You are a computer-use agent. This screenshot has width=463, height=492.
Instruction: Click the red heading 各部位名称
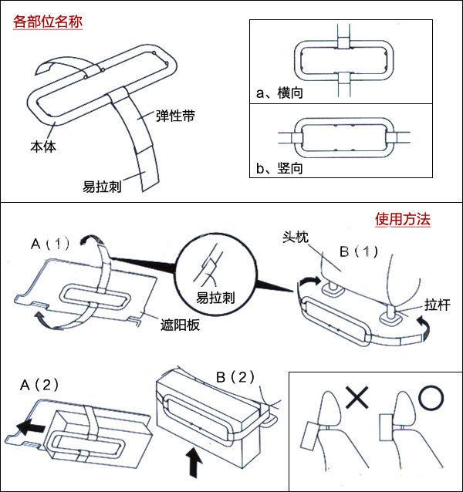pyautogui.click(x=48, y=22)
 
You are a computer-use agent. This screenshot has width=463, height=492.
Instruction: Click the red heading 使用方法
pyautogui.click(x=402, y=219)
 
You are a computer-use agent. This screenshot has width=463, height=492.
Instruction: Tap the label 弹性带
pyautogui.click(x=175, y=116)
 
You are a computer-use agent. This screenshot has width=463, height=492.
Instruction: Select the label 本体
pyautogui.click(x=43, y=147)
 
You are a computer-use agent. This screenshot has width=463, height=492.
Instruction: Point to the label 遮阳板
pyautogui.click(x=180, y=325)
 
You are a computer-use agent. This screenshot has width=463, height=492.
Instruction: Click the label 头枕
pyautogui.click(x=296, y=238)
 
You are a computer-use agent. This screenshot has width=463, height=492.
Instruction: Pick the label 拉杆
pyautogui.click(x=438, y=305)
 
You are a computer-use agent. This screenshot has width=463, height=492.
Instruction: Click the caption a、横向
pyautogui.click(x=279, y=93)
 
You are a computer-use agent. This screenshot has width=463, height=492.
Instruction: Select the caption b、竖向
pyautogui.click(x=279, y=168)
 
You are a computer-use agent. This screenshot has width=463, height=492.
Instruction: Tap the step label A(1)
pyautogui.click(x=50, y=244)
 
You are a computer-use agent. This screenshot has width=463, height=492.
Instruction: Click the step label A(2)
pyautogui.click(x=39, y=384)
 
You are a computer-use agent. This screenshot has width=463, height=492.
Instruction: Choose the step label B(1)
pyautogui.click(x=359, y=251)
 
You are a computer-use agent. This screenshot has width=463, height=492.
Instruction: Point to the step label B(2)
pyautogui.click(x=235, y=377)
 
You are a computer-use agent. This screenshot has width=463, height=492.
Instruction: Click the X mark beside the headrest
pyautogui.click(x=357, y=398)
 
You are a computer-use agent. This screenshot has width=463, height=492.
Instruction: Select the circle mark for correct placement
pyautogui.click(x=431, y=398)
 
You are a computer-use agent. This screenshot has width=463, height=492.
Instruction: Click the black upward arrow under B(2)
pyautogui.click(x=195, y=462)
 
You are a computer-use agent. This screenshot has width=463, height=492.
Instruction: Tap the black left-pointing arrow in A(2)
pyautogui.click(x=31, y=428)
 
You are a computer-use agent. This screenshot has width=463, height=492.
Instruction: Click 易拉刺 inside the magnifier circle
pyautogui.click(x=215, y=298)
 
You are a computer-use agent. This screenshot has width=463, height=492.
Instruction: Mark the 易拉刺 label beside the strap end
pyautogui.click(x=102, y=187)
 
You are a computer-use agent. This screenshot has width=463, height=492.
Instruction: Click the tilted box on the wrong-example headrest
pyautogui.click(x=309, y=436)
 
